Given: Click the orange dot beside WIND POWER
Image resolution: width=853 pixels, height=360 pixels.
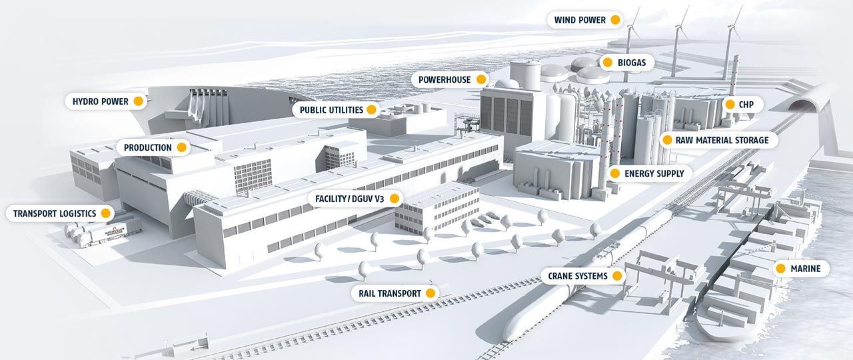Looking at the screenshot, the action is tap(615, 20).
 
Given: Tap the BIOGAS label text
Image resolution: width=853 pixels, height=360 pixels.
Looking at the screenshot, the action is tap(632, 63).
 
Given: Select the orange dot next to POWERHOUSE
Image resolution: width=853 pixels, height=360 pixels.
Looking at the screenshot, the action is tap(481, 79).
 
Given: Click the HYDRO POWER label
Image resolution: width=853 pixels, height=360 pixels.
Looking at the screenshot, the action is tap(100, 101).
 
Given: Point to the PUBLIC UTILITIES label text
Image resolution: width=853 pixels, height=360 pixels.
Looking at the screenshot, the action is tap(331, 110).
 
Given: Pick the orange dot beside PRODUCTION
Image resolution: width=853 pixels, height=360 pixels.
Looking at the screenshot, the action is tap(182, 147).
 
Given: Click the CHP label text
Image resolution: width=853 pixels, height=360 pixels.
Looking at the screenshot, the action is tap(746, 105).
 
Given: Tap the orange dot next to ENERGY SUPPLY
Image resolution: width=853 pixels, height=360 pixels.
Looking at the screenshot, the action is tap(615, 173).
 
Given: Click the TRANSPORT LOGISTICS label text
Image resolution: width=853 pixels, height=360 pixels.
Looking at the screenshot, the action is tap(55, 213).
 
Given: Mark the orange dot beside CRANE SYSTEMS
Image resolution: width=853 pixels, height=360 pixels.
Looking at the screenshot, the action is tap(617, 276).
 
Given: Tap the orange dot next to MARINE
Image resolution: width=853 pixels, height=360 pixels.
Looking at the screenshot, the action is tap(780, 269).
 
